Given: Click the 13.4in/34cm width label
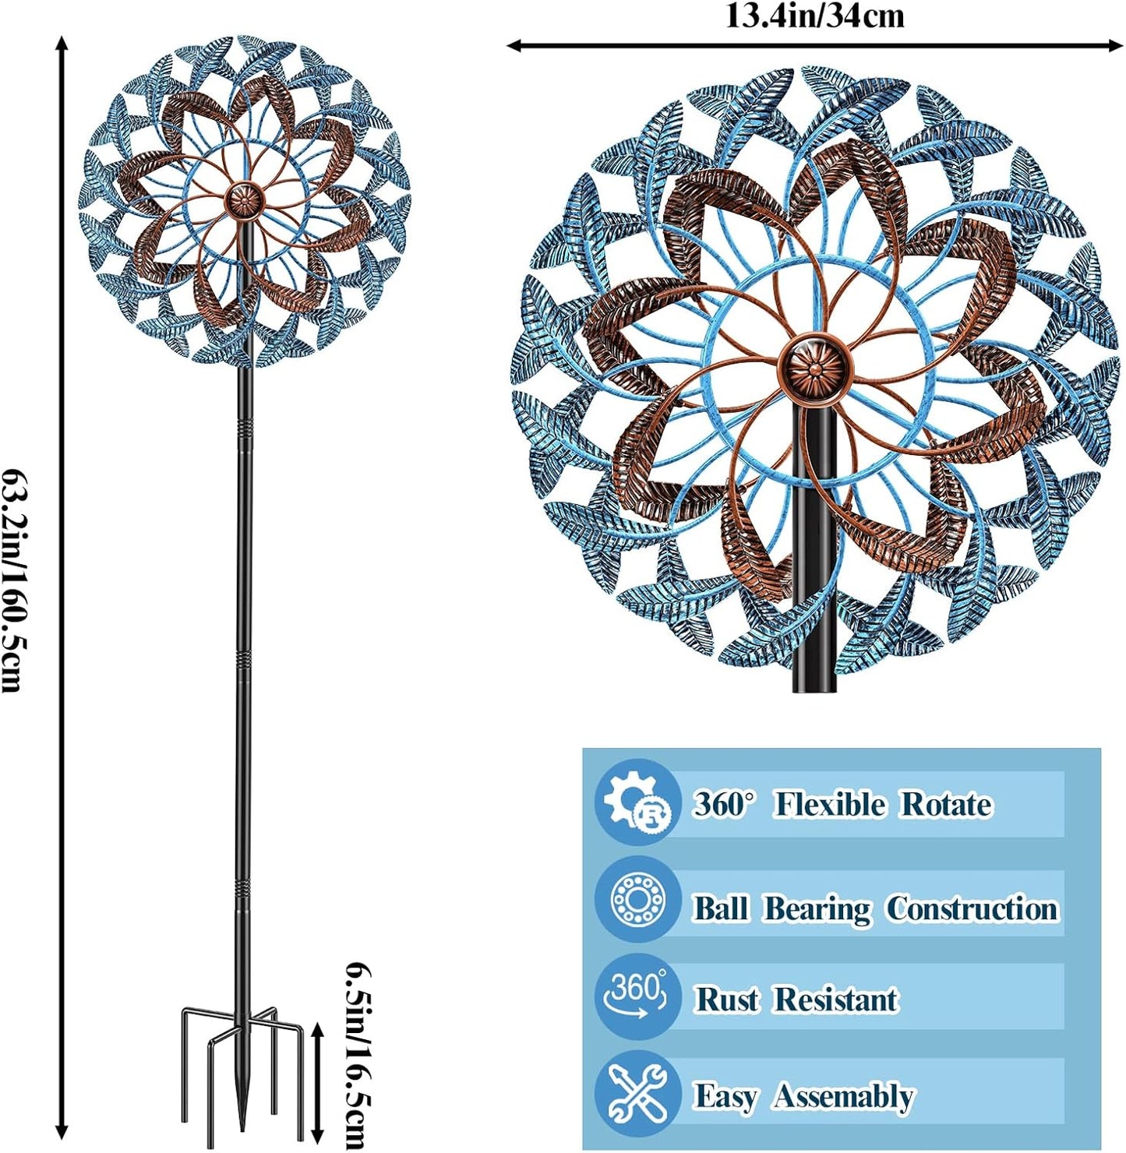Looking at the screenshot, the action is [815, 16].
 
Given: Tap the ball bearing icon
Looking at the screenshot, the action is [637, 900].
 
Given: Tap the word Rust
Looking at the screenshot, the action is [727, 1000].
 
